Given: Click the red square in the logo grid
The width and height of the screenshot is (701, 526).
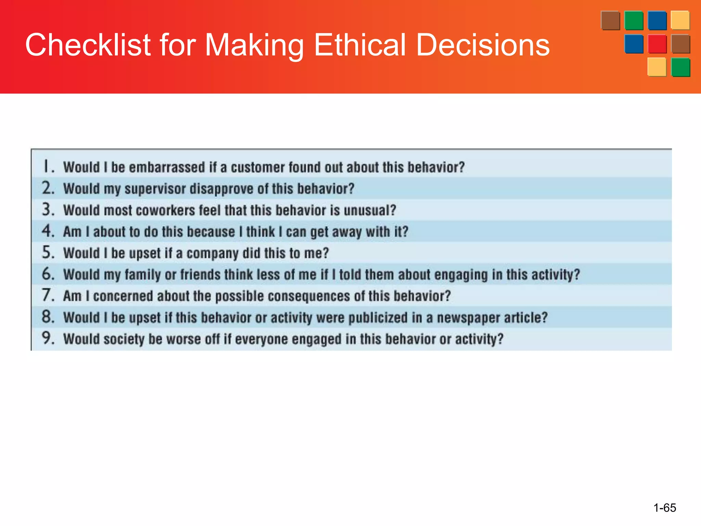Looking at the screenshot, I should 657,44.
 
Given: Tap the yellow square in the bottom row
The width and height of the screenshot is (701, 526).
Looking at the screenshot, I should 657,67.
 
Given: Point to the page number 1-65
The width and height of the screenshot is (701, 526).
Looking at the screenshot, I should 665,508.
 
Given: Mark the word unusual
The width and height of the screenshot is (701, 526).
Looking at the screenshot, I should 370,211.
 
